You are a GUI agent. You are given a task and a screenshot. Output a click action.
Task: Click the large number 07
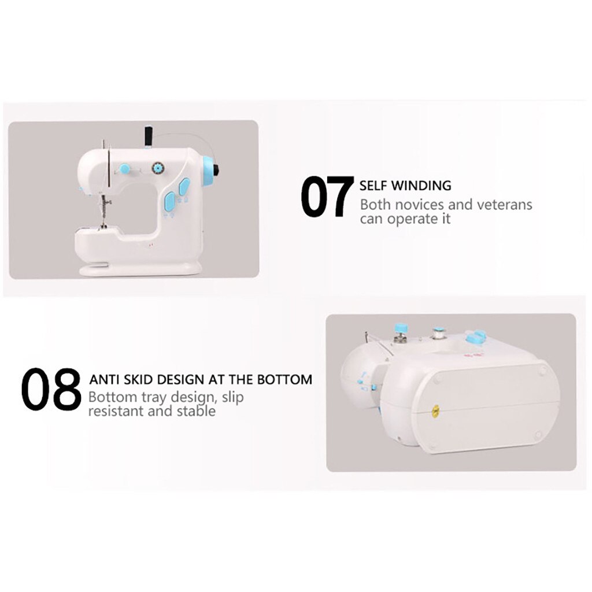[x=327, y=197]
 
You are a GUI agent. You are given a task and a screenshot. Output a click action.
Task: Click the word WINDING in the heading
[x=421, y=186]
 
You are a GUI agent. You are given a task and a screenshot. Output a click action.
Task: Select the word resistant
[x=115, y=412]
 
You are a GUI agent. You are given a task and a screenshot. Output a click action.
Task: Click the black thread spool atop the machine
[x=148, y=136]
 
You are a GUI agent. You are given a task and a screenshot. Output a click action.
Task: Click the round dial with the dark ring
[x=156, y=168]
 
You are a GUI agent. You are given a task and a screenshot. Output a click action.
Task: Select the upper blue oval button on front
[x=184, y=187]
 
